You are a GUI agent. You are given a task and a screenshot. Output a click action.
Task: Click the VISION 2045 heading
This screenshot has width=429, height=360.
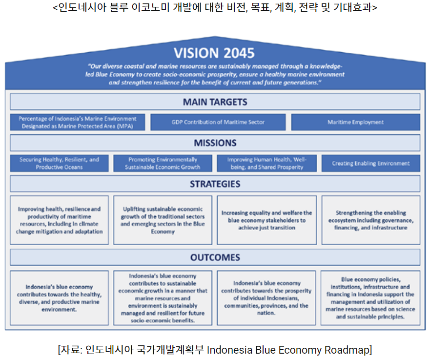pos(214,53)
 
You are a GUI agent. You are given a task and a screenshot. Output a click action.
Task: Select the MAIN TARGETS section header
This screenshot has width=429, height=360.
pos(215,102)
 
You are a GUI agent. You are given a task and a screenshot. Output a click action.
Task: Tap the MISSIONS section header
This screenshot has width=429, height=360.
pos(215,143)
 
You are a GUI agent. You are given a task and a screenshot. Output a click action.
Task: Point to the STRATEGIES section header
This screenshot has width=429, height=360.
pos(215,184)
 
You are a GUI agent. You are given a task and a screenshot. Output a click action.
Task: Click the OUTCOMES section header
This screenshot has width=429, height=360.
pos(215,257)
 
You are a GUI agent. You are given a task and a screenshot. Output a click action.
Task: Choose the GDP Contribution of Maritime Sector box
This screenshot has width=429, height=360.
pos(218,122)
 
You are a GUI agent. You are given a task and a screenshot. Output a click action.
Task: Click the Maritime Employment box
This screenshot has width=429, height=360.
pos(356,122)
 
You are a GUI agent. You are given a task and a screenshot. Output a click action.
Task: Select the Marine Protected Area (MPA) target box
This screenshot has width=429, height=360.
pos(78,122)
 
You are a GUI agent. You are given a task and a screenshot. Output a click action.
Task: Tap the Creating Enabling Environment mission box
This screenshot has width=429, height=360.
pos(371,164)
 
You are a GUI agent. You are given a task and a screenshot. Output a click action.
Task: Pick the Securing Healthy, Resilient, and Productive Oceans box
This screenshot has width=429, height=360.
pos(60,164)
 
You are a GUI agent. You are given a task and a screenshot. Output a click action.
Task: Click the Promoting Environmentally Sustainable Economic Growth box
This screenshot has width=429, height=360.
pos(163,164)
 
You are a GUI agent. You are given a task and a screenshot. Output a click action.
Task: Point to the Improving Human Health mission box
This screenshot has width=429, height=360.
pos(267,164)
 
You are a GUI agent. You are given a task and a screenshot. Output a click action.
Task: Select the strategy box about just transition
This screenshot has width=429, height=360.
pos(267,220)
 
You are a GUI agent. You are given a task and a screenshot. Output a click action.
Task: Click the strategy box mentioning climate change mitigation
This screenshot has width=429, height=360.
pos(60,220)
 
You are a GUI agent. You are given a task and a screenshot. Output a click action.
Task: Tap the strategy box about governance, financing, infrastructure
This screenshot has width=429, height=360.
pos(371,220)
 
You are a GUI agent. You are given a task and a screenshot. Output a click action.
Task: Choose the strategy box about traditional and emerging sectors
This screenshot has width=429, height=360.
pos(163,220)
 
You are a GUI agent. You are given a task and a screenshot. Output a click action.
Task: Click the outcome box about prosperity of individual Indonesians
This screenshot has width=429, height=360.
pos(266,298)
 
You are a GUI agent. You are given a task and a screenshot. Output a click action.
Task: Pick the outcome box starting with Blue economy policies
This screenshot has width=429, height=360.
pos(370,298)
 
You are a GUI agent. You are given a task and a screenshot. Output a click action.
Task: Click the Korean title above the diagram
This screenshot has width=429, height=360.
pos(215,7)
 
